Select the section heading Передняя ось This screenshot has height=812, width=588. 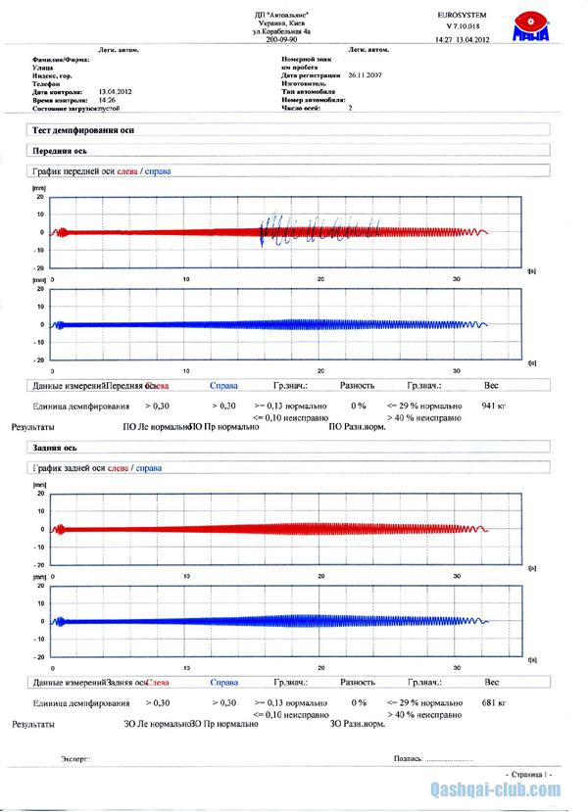[x=60, y=151]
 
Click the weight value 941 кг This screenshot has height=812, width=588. [x=493, y=404]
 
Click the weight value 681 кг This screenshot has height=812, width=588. [x=493, y=703]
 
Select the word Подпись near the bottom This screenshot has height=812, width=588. [x=407, y=757]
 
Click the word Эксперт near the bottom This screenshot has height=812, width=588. [x=76, y=757]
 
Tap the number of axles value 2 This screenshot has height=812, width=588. [x=350, y=108]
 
